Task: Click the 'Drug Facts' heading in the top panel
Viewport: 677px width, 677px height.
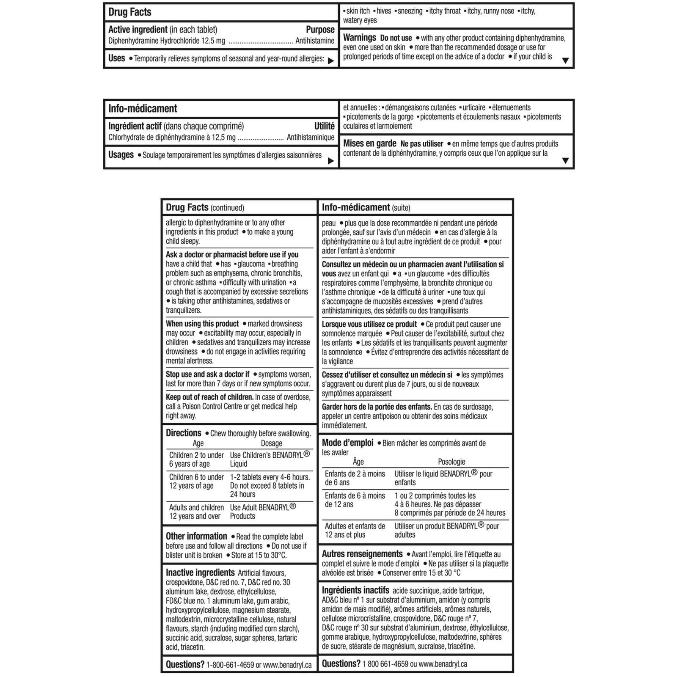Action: pyautogui.click(x=129, y=12)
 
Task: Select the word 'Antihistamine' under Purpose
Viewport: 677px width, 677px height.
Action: pyautogui.click(x=314, y=41)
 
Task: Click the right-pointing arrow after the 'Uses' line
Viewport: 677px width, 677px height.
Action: pyautogui.click(x=331, y=61)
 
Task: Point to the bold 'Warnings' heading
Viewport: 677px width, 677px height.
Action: pyautogui.click(x=359, y=38)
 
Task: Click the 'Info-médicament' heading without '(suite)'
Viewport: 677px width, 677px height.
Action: pyautogui.click(x=143, y=109)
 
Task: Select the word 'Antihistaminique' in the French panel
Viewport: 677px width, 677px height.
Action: pyautogui.click(x=310, y=138)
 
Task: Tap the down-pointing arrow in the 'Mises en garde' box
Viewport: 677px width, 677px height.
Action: pyautogui.click(x=565, y=161)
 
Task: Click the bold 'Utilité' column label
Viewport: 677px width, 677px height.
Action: pyautogui.click(x=324, y=126)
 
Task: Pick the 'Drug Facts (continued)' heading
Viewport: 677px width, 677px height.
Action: pyautogui.click(x=205, y=208)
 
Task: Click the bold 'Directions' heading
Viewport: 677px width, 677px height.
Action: pyautogui.click(x=183, y=433)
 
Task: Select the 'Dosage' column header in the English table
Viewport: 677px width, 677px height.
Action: pyautogui.click(x=271, y=443)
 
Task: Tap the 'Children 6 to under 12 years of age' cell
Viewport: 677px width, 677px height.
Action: pyautogui.click(x=196, y=482)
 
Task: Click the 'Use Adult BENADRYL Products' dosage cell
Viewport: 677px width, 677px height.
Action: pyautogui.click(x=263, y=512)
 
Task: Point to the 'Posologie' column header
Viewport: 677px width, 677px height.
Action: pyautogui.click(x=451, y=462)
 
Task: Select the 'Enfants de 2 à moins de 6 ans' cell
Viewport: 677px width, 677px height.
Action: pyautogui.click(x=355, y=478)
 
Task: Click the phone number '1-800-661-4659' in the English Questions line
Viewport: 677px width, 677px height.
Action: pyautogui.click(x=230, y=665)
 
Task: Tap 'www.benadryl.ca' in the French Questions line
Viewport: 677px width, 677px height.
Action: pyautogui.click(x=443, y=664)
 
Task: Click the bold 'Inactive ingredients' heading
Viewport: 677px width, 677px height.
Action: pyautogui.click(x=200, y=573)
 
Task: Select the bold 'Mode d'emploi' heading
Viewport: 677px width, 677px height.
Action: pyautogui.click(x=347, y=443)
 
